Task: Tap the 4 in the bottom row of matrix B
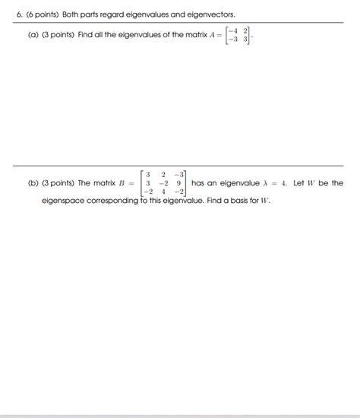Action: tap(163, 192)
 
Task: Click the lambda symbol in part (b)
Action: tap(264, 183)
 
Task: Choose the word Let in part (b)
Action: tap(300, 183)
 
